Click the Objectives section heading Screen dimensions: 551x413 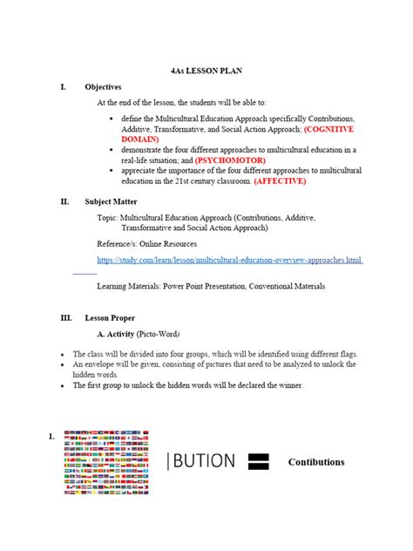pos(103,87)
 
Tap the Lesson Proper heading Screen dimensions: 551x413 pos(110,319)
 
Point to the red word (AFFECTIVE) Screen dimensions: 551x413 pos(280,181)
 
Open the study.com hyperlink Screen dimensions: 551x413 pos(229,260)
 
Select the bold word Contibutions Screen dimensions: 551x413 pos(316,461)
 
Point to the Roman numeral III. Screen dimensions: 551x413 pos(66,319)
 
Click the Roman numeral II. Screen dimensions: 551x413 pos(64,201)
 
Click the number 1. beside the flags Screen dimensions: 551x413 pos(53,436)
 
